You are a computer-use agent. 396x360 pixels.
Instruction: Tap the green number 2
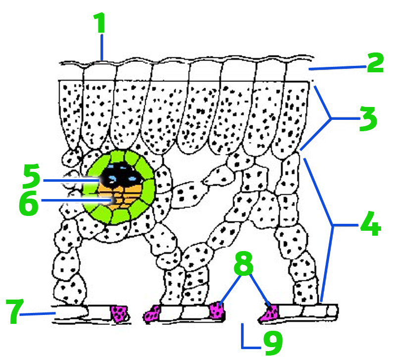pyautogui.click(x=375, y=62)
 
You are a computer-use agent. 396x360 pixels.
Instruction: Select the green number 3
pyautogui.click(x=368, y=119)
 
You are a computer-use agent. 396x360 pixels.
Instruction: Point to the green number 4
pyautogui.click(x=371, y=224)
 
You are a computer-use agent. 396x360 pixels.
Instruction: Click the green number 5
pyautogui.click(x=31, y=176)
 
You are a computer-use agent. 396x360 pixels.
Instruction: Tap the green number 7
pyautogui.click(x=15, y=311)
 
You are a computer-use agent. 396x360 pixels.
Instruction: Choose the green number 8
pyautogui.click(x=244, y=263)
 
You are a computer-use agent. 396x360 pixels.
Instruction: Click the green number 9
pyautogui.click(x=273, y=342)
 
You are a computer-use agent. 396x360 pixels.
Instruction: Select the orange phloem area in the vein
pyautogui.click(x=121, y=198)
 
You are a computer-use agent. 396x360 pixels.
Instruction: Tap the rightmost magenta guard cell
pyautogui.click(x=269, y=313)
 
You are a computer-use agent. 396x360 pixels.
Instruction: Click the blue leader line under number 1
pyautogui.click(x=102, y=47)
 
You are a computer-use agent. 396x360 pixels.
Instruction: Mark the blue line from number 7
pyautogui.click(x=38, y=314)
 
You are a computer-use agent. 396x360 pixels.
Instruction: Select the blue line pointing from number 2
pyautogui.click(x=338, y=68)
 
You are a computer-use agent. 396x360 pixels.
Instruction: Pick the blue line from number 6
pyautogui.click(x=76, y=201)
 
